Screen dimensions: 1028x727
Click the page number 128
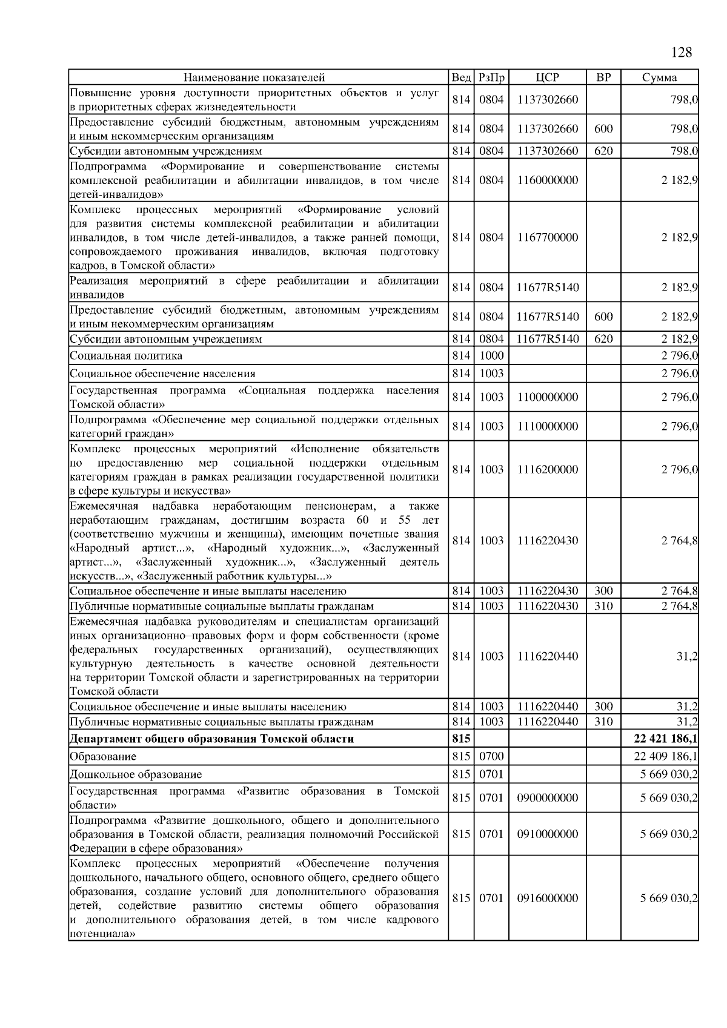[682, 53]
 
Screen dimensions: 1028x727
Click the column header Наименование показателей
[254, 77]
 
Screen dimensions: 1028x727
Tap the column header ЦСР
[547, 77]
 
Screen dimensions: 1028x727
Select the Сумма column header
[659, 77]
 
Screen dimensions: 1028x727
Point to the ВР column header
[603, 77]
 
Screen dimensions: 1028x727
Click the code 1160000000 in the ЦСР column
[547, 180]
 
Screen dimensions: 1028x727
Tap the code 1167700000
[547, 237]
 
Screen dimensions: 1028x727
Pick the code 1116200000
[547, 469]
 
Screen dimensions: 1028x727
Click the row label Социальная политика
[126, 355]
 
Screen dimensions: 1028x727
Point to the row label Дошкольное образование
[136, 774]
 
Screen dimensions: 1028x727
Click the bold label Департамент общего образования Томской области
[211, 739]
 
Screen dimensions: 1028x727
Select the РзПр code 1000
[491, 355]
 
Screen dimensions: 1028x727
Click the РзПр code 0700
[491, 756]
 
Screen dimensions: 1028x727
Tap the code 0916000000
[547, 898]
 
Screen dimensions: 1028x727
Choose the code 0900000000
[547, 798]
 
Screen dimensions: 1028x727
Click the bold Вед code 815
[461, 739]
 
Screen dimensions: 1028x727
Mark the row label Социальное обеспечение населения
[162, 374]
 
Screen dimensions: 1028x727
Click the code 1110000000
[547, 426]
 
